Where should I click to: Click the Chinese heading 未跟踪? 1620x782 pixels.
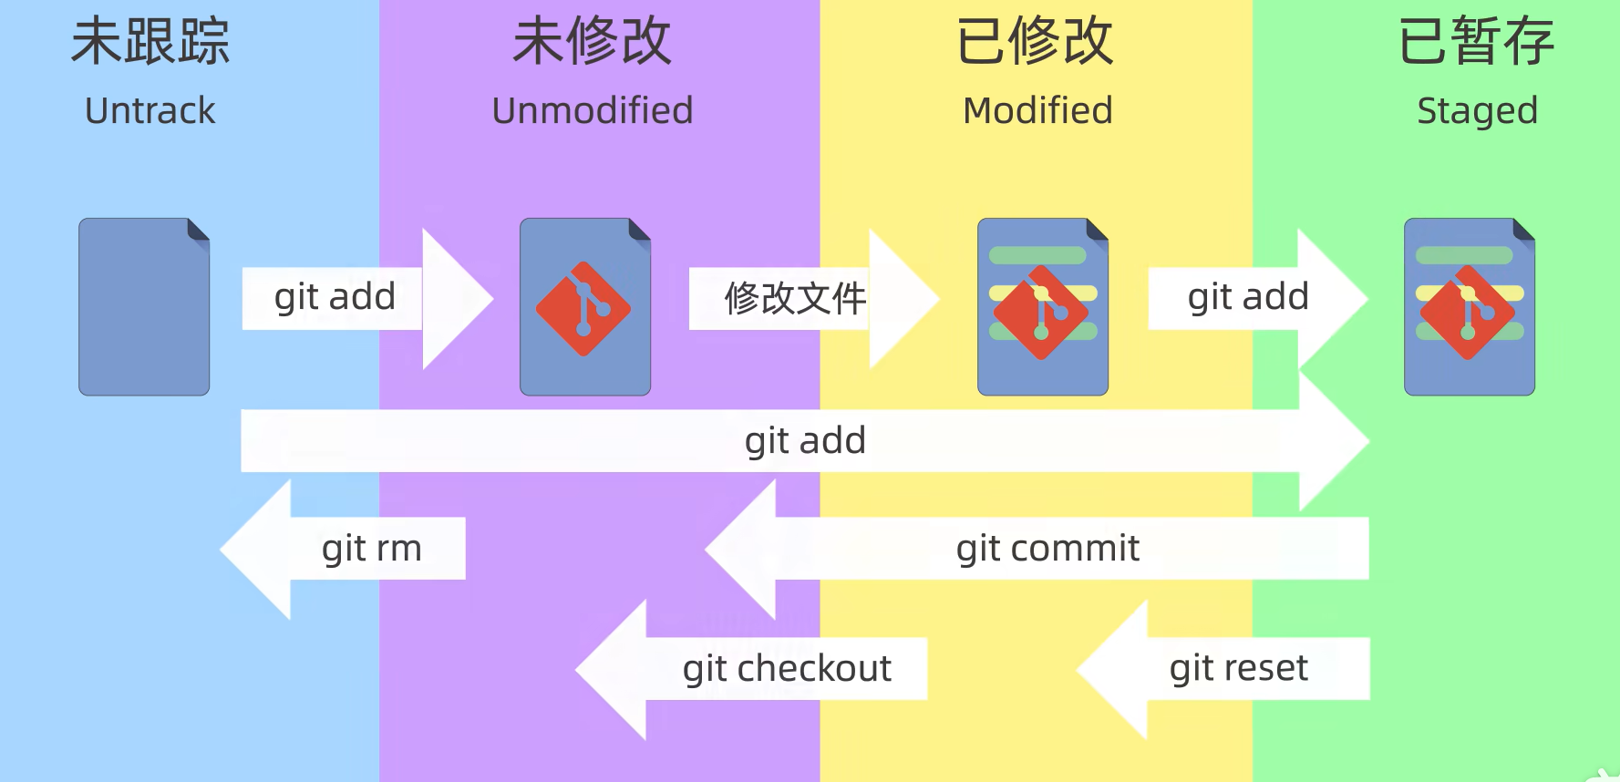pos(150,42)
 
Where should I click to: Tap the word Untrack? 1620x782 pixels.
pos(150,111)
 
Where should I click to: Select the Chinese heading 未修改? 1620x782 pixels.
pos(593,42)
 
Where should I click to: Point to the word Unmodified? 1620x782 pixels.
pos(593,111)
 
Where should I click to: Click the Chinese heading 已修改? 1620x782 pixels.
pos(1036,42)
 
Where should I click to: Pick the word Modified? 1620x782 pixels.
pos(1037,111)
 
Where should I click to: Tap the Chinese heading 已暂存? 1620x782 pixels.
pos(1477,42)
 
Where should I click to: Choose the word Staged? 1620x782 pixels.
pos(1477,111)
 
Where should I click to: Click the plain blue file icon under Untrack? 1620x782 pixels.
pos(144,306)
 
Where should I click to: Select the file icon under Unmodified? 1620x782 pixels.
pos(585,306)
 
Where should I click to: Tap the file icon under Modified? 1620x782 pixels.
pos(1043,306)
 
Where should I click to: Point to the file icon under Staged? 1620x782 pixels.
pos(1470,306)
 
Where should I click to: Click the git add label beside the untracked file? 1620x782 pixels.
pos(335,297)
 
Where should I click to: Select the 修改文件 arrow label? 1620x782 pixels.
pos(795,298)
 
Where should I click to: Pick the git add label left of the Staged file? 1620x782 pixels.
pos(1248,297)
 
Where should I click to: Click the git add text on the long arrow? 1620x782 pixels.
pos(805,441)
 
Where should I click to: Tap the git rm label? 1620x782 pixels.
pos(372,549)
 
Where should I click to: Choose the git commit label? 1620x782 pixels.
pos(1047,549)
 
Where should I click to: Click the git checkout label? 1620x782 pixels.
pos(787,669)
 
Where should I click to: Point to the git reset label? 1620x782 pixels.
pos(1238,669)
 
